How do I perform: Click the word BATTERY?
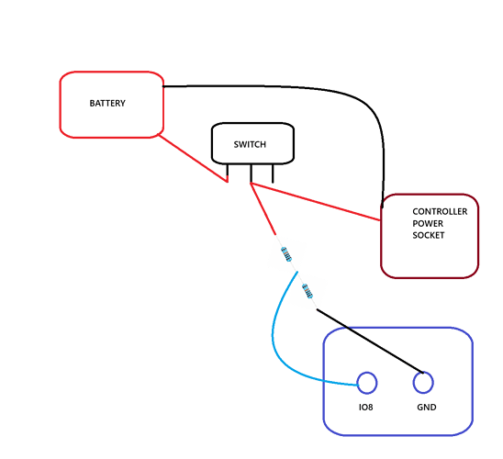(x=107, y=104)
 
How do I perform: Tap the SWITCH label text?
(x=250, y=145)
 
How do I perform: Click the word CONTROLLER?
(x=440, y=212)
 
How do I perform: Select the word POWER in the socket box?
(x=428, y=224)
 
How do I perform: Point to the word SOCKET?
(x=429, y=235)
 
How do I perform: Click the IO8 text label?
(x=365, y=408)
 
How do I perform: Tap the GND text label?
(x=426, y=408)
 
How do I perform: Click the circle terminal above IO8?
(x=367, y=383)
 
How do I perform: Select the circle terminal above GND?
(x=423, y=382)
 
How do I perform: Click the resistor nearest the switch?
(x=286, y=254)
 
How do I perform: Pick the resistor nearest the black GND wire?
(x=307, y=291)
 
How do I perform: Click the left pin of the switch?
(x=228, y=173)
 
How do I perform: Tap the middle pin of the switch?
(x=251, y=174)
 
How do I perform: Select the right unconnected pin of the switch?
(x=273, y=174)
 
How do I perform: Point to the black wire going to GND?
(x=370, y=341)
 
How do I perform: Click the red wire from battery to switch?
(x=193, y=159)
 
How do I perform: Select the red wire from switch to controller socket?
(x=316, y=202)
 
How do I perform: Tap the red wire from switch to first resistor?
(x=263, y=208)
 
